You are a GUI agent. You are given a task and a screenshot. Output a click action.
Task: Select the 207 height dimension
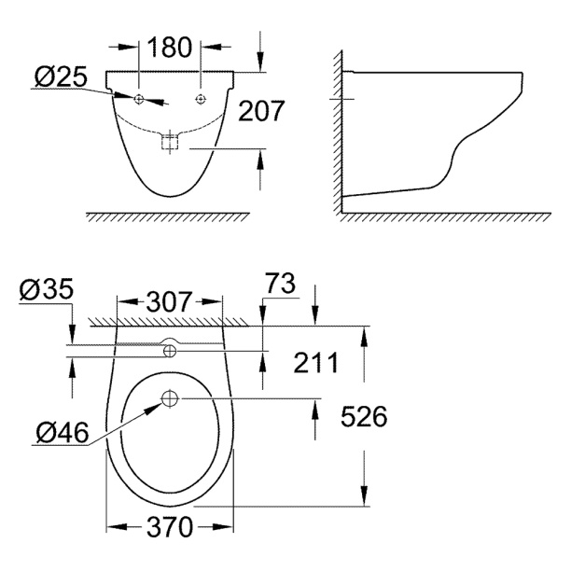(x=259, y=112)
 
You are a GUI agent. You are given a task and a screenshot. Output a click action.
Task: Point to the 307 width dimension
(x=169, y=302)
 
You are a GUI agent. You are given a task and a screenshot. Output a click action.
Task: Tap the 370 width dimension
(x=170, y=528)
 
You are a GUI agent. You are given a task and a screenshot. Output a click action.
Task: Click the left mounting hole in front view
(x=138, y=99)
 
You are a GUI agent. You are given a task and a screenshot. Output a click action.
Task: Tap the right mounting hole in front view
(x=201, y=99)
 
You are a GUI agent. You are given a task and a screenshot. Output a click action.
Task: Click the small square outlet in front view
(x=169, y=143)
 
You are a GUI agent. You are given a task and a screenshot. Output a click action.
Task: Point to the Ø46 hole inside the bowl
(x=170, y=399)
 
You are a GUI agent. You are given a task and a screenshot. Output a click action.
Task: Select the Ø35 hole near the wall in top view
(x=170, y=351)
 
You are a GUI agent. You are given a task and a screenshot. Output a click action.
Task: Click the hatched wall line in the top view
(x=168, y=320)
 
